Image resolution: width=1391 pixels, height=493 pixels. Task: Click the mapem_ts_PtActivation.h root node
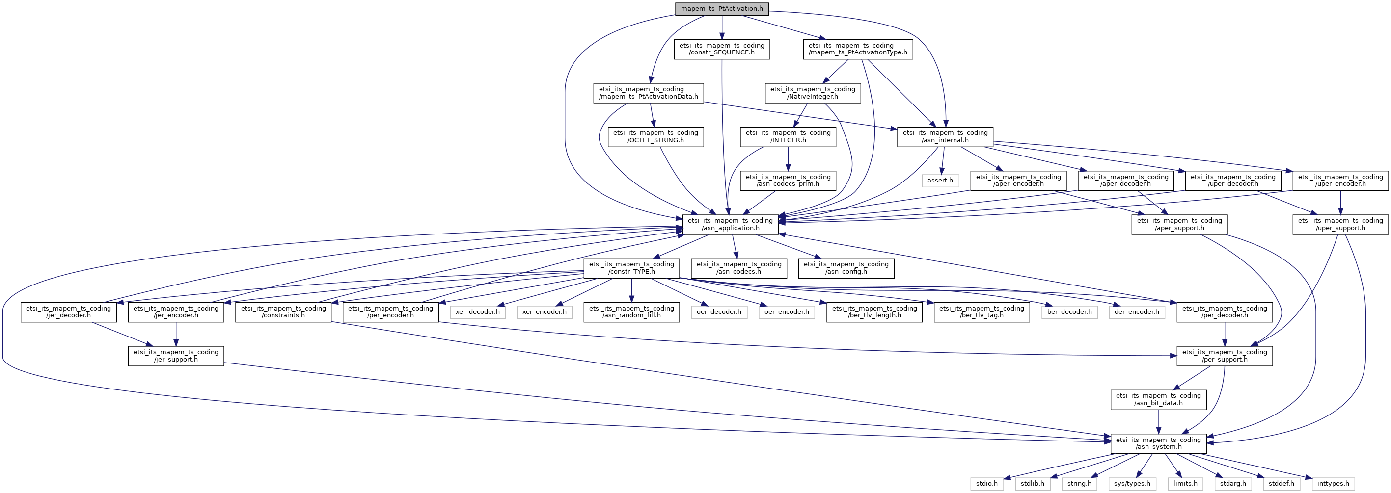tap(722, 9)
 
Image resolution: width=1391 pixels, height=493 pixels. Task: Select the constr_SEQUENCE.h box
tap(722, 49)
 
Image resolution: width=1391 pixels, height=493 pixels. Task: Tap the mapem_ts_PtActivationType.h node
tap(858, 49)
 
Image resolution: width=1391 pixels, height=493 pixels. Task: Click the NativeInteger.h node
tap(813, 93)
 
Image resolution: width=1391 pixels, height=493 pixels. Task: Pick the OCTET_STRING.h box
tap(655, 136)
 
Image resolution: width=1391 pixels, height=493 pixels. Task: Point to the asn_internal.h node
tap(945, 136)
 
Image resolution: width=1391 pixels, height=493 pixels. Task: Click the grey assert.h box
tap(940, 180)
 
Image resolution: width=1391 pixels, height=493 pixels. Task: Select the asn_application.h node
tap(730, 224)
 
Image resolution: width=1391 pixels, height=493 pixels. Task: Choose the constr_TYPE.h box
tap(631, 268)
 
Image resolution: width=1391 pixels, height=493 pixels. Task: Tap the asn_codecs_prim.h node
tap(788, 180)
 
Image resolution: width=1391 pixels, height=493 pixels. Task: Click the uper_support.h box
tap(1340, 224)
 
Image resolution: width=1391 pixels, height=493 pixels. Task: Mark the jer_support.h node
tap(176, 356)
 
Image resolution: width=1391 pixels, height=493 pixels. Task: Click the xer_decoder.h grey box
tap(478, 312)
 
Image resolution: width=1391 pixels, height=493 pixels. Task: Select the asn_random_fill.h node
tap(631, 312)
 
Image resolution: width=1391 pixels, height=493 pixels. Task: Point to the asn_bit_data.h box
tap(1158, 400)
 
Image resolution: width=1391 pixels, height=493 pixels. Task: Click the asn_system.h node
tap(1158, 443)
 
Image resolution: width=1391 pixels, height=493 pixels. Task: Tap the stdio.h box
tap(986, 483)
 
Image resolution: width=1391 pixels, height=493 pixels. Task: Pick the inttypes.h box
tap(1333, 483)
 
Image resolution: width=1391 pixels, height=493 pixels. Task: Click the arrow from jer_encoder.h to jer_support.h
tap(176, 335)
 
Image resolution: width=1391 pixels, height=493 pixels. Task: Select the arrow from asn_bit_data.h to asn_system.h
tap(1158, 422)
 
